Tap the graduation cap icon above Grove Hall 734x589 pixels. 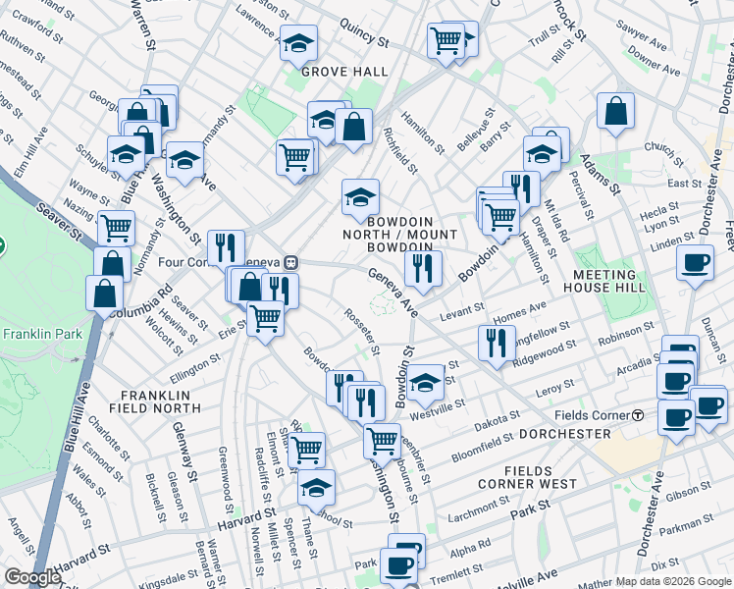pos(298,43)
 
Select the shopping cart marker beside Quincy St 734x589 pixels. pos(446,41)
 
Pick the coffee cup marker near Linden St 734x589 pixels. pos(695,263)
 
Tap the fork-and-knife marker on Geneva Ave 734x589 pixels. pos(423,268)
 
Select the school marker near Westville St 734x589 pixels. pos(425,383)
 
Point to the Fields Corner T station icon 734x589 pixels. pos(638,415)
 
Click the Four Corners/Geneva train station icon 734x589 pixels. pos(290,262)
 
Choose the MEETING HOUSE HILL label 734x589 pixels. pos(604,281)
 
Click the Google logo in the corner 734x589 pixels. pos(32,577)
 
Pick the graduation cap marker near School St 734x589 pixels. pos(316,487)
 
